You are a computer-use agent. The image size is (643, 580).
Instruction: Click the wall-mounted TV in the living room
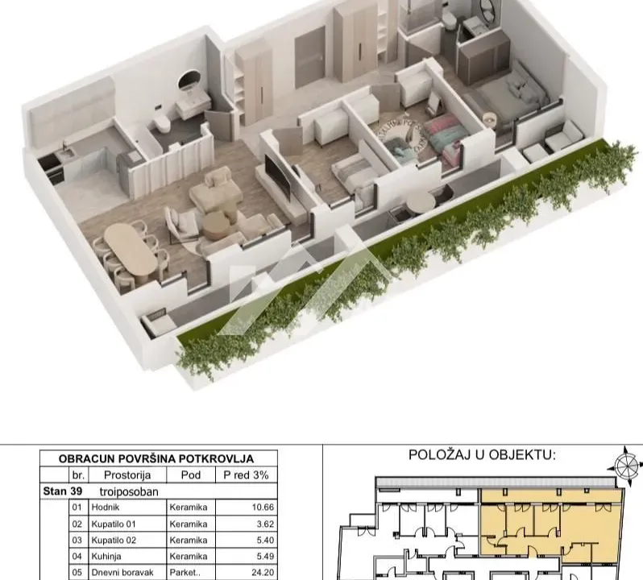tap(278, 178)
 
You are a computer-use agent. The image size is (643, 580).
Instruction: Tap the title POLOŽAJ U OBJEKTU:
tap(482, 455)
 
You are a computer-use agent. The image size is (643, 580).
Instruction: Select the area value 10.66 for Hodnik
tap(255, 508)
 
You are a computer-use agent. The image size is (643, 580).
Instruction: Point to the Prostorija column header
tap(127, 474)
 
